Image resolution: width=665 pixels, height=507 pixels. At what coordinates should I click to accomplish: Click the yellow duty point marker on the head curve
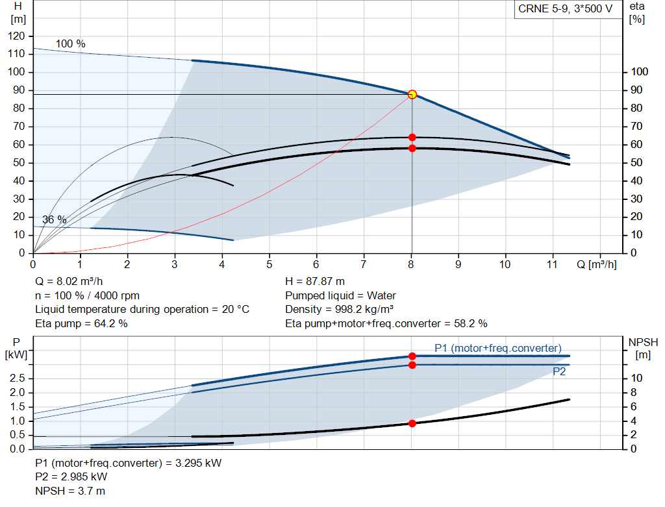(412, 94)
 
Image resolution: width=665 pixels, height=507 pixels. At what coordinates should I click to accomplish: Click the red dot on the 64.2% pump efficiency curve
(412, 137)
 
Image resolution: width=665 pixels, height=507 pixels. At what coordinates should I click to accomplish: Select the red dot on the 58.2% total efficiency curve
(412, 148)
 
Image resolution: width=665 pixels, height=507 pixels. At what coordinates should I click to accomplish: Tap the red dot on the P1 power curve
(412, 356)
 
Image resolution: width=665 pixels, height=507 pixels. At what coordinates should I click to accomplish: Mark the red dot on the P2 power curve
(412, 365)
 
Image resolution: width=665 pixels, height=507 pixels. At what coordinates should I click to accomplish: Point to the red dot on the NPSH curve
(412, 423)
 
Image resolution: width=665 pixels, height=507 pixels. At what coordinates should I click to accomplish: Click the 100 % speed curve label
(70, 43)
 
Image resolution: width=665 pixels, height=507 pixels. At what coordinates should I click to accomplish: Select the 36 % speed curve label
(55, 219)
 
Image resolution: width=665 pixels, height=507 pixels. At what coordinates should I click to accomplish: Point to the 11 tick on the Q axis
(553, 264)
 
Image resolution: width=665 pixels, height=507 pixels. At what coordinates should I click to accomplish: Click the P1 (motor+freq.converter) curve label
(498, 347)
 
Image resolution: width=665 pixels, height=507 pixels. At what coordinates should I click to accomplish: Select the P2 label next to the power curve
(558, 372)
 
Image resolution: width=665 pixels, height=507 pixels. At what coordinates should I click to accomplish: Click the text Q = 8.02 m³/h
(69, 282)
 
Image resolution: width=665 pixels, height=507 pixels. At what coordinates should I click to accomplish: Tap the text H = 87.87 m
(315, 282)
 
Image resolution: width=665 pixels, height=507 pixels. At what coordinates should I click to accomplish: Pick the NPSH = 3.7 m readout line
(70, 491)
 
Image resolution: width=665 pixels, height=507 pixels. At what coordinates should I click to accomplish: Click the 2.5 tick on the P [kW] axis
(18, 378)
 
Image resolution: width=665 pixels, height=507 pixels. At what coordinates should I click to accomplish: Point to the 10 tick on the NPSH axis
(636, 378)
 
